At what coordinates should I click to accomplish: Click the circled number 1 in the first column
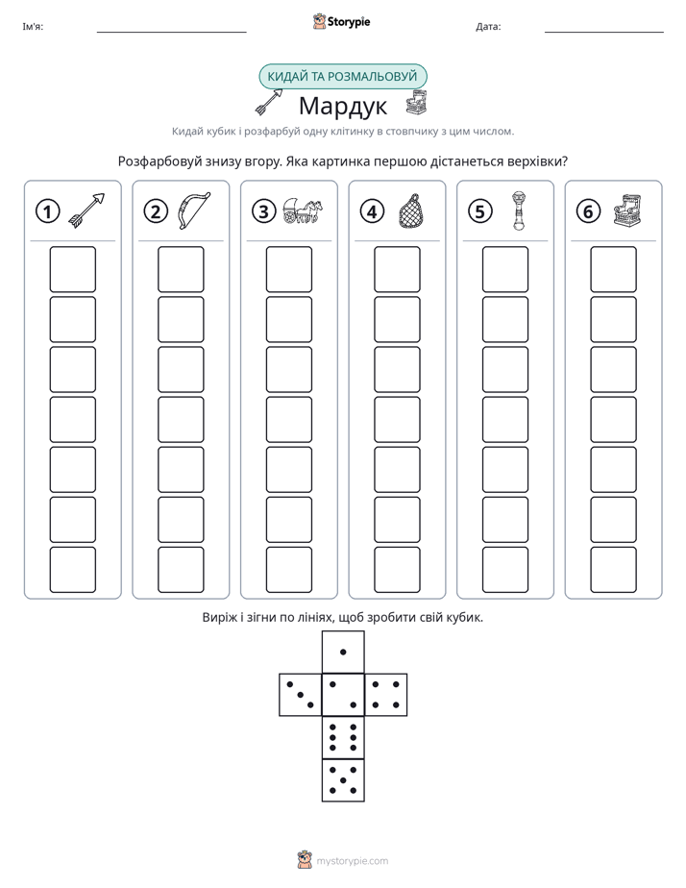(47, 211)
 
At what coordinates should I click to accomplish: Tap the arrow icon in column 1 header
(87, 210)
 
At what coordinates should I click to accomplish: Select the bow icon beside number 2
(194, 210)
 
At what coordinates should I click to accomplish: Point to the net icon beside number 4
(411, 210)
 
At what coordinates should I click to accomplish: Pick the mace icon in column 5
(519, 210)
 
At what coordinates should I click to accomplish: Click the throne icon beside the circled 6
(628, 210)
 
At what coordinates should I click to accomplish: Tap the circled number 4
(372, 211)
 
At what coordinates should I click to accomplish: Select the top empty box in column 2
(181, 269)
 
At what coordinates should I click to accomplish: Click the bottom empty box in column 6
(614, 570)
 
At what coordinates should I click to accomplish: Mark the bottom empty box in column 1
(72, 570)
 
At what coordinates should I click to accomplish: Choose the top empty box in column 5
(505, 269)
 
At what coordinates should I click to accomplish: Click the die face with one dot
(343, 652)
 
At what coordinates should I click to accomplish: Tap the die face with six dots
(343, 737)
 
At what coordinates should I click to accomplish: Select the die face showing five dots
(343, 779)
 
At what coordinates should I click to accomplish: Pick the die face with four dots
(386, 695)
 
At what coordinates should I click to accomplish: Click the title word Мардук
(343, 106)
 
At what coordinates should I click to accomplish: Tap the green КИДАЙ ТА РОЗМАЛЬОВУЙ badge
(343, 77)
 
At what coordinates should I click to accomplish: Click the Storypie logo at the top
(341, 21)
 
